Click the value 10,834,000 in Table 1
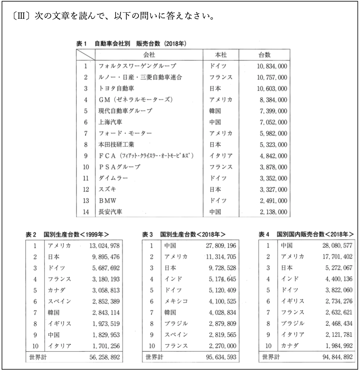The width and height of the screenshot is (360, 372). point(271,66)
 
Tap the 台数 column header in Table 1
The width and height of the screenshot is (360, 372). point(264,54)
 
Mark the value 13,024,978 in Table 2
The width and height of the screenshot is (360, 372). point(102,246)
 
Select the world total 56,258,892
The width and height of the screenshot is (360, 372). point(102,357)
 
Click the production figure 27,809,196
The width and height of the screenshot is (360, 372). point(220,246)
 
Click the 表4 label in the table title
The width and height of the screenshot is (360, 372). point(265,235)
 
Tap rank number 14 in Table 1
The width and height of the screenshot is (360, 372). point(86,212)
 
